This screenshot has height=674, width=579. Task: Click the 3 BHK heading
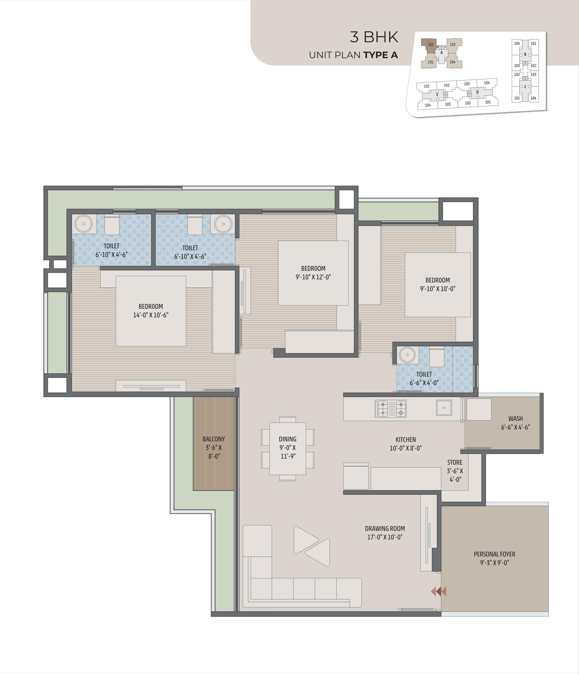click(374, 37)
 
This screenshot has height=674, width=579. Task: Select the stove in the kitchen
click(391, 409)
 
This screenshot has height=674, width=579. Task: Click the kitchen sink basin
click(444, 408)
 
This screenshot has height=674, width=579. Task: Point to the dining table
click(287, 448)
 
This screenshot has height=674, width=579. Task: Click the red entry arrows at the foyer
click(439, 591)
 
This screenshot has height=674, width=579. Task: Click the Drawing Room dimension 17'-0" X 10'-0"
click(385, 537)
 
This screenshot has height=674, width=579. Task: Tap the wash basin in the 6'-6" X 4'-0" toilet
click(407, 355)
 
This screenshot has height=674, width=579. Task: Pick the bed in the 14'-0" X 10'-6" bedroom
click(151, 311)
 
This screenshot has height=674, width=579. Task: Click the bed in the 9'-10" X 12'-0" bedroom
click(313, 273)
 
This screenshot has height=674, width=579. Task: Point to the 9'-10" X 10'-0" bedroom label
click(438, 284)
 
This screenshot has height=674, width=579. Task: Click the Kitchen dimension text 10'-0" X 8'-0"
click(406, 448)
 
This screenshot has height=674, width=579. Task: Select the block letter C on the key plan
click(525, 87)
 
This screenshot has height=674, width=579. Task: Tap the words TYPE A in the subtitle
click(380, 55)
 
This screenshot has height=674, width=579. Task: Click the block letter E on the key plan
click(437, 95)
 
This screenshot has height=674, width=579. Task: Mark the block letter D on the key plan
click(477, 92)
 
